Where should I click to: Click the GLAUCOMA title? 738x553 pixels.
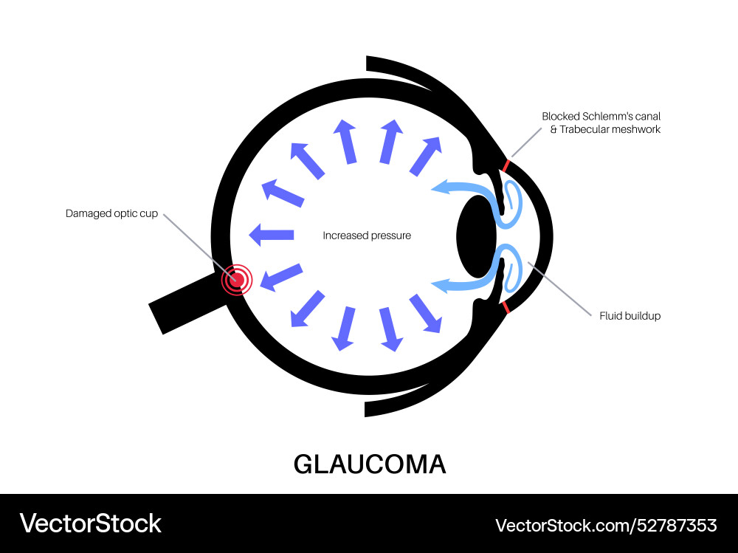click(x=370, y=464)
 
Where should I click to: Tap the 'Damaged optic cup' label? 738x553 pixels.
click(x=111, y=213)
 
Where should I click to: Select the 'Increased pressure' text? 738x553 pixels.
click(x=367, y=236)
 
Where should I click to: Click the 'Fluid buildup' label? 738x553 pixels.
click(x=630, y=315)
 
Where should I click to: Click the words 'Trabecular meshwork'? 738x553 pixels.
click(x=610, y=129)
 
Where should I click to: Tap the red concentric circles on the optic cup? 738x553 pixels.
click(x=237, y=280)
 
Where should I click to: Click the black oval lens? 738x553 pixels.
click(x=476, y=236)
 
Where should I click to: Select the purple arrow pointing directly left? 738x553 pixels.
click(x=271, y=235)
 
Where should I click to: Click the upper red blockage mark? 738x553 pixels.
click(x=506, y=166)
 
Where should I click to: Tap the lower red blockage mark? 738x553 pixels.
click(x=506, y=307)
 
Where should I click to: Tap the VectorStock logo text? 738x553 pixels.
click(x=90, y=523)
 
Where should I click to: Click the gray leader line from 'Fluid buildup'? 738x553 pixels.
click(x=559, y=289)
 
